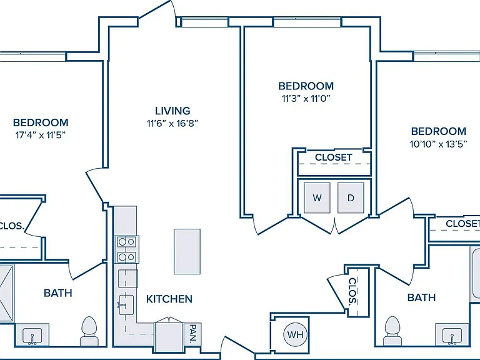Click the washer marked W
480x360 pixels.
click(x=317, y=197)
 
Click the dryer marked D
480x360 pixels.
click(x=351, y=197)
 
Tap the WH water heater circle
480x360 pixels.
click(x=296, y=334)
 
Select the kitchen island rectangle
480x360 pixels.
click(x=187, y=251)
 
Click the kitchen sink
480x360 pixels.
click(x=126, y=305)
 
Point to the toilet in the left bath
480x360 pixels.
click(x=89, y=331)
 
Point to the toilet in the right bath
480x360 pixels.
click(x=392, y=331)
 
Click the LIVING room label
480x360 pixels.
click(x=172, y=111)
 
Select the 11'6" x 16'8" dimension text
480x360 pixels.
click(x=172, y=123)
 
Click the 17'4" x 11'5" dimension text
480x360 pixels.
click(x=41, y=135)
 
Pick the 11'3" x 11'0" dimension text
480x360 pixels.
click(x=306, y=99)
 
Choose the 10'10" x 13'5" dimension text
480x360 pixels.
click(x=438, y=144)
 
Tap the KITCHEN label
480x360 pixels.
click(x=169, y=299)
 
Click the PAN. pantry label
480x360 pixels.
click(x=193, y=334)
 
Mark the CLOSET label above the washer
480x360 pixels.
click(x=334, y=157)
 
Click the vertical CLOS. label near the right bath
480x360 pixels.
click(x=353, y=291)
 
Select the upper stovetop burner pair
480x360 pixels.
click(x=127, y=242)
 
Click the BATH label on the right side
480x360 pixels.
click(x=421, y=297)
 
